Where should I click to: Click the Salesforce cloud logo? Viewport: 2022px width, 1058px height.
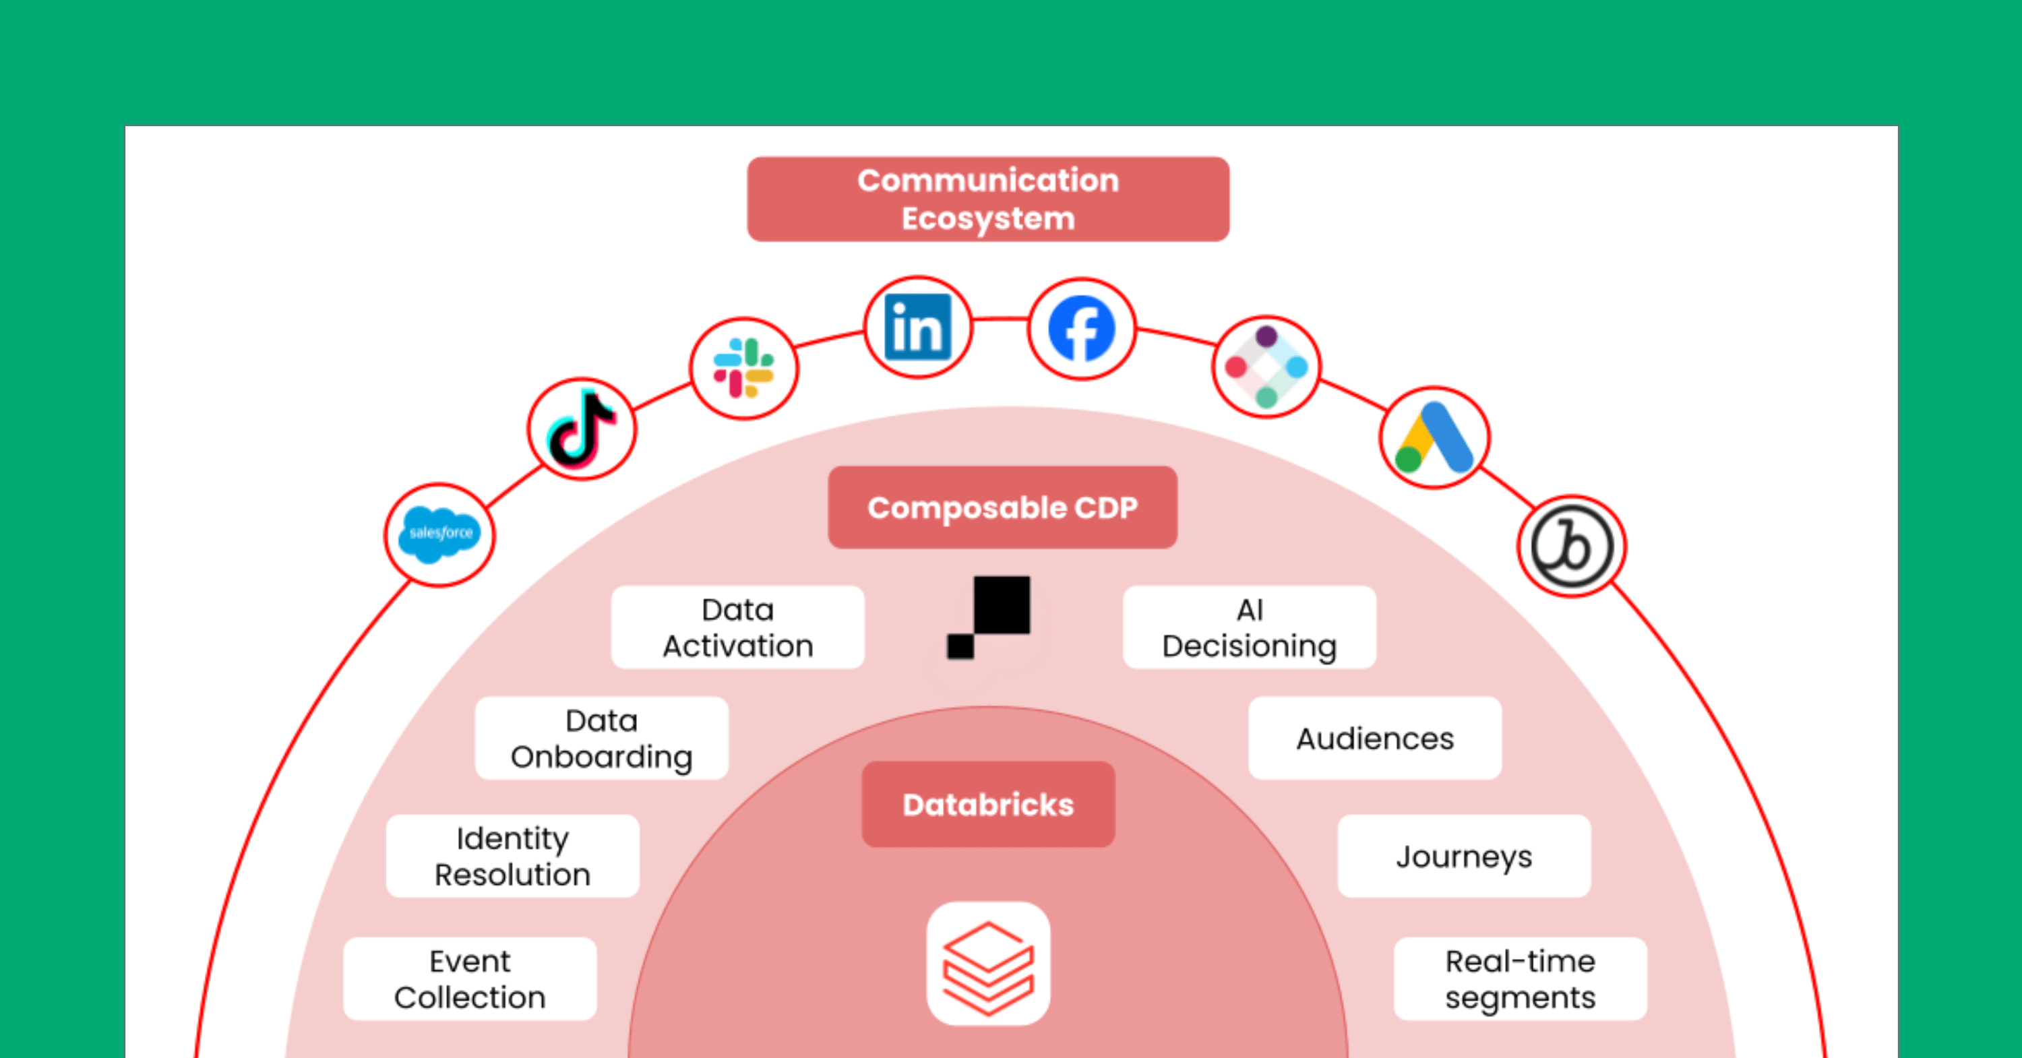pyautogui.click(x=439, y=534)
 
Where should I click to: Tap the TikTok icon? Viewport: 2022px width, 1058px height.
pyautogui.click(x=582, y=429)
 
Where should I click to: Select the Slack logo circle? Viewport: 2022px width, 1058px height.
pyautogui.click(x=743, y=368)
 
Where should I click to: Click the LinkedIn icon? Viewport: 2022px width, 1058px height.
pyautogui.click(x=917, y=328)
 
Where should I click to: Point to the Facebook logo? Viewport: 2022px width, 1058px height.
pyautogui.click(x=1082, y=329)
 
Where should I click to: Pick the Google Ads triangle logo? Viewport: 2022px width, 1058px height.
pyautogui.click(x=1434, y=437)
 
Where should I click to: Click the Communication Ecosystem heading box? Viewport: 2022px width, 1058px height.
pyautogui.click(x=987, y=199)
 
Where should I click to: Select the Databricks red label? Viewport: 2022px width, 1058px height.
pyautogui.click(x=988, y=805)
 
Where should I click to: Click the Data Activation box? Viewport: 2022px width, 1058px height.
pyautogui.click(x=738, y=628)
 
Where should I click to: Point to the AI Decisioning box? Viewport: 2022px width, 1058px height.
pyautogui.click(x=1249, y=628)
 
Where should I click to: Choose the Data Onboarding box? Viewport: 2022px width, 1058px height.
pyautogui.click(x=601, y=739)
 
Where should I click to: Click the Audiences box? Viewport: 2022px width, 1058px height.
pyautogui.click(x=1374, y=739)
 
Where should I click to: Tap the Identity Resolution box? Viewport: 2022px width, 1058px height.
pyautogui.click(x=512, y=857)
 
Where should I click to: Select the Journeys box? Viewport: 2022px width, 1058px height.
pyautogui.click(x=1464, y=857)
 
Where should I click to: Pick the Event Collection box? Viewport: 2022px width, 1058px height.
pyautogui.click(x=469, y=978)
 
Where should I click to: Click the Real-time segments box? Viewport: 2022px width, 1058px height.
pyautogui.click(x=1520, y=978)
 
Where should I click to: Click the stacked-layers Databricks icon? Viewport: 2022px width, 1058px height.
pyautogui.click(x=988, y=963)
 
